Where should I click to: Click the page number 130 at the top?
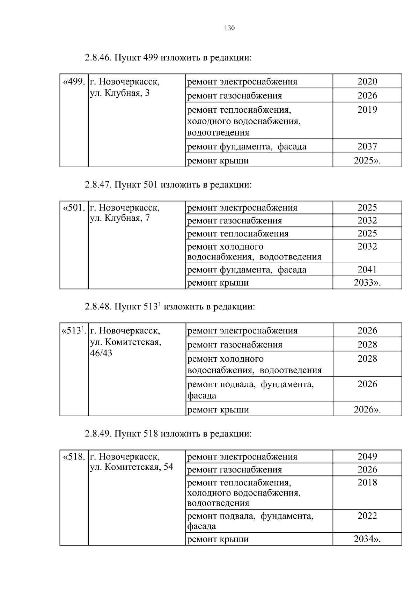[x=229, y=28]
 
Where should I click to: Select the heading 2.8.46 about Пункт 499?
[x=168, y=58]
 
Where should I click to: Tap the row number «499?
[x=73, y=82]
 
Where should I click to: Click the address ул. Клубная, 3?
[x=120, y=93]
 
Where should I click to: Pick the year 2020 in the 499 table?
[x=367, y=81]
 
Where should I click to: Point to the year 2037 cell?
[x=367, y=146]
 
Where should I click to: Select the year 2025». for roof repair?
[x=367, y=161]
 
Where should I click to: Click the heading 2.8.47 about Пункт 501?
[x=168, y=184]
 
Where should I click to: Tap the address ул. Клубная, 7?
[x=120, y=219]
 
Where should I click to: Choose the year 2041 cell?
[x=367, y=269]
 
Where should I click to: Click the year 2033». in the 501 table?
[x=367, y=283]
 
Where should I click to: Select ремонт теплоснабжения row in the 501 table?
[x=238, y=234]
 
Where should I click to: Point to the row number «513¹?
[x=73, y=330]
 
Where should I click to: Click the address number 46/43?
[x=101, y=353]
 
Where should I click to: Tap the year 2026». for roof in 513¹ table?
[x=367, y=409]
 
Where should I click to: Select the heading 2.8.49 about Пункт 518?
[x=168, y=434]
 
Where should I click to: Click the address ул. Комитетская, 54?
[x=131, y=467]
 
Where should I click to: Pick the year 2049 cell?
[x=367, y=456]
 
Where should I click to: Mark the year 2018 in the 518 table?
[x=367, y=482]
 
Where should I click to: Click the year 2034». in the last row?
[x=367, y=539]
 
